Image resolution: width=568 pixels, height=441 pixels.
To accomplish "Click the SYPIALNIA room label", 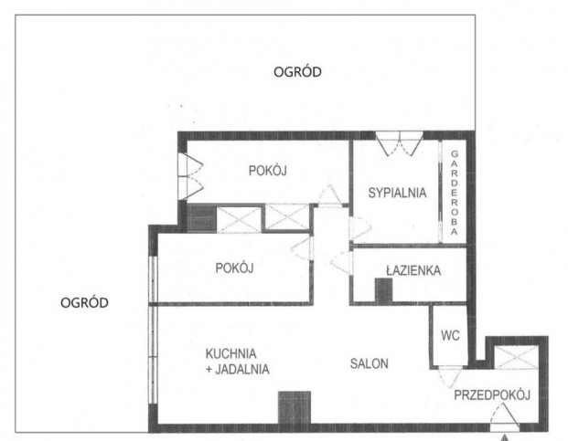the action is click(397, 193).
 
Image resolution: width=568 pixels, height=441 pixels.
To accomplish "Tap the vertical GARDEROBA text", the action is click(455, 193).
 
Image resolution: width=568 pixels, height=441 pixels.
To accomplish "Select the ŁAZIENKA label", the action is click(413, 270).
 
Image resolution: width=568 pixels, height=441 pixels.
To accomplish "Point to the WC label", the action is click(450, 335).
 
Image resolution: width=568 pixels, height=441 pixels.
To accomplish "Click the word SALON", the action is click(370, 363).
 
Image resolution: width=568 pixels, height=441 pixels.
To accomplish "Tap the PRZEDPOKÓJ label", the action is click(492, 394).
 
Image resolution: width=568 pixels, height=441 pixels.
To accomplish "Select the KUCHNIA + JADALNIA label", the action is click(237, 362).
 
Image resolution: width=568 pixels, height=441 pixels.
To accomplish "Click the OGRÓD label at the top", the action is click(297, 71).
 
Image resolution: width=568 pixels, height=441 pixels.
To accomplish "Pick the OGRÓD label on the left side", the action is click(84, 302).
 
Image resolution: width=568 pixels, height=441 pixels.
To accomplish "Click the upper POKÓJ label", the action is click(268, 170).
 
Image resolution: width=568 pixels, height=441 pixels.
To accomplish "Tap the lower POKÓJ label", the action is click(234, 268).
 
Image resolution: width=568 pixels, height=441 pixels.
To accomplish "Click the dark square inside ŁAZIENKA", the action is click(383, 290).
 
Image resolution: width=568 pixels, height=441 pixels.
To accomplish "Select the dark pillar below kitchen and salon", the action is click(295, 407).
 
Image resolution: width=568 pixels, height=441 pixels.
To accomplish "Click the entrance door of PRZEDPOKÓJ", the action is click(505, 418).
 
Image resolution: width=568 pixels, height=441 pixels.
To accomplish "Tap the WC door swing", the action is click(450, 377).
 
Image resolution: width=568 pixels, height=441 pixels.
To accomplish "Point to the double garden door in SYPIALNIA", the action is click(399, 143).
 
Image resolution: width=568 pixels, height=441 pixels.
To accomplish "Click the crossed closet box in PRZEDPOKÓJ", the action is click(517, 357).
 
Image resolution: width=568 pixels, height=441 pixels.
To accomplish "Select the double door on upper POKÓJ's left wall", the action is click(190, 176).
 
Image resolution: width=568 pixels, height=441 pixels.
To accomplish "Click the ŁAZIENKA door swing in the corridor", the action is click(341, 263).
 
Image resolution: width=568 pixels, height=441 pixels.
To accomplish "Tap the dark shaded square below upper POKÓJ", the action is click(202, 218).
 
